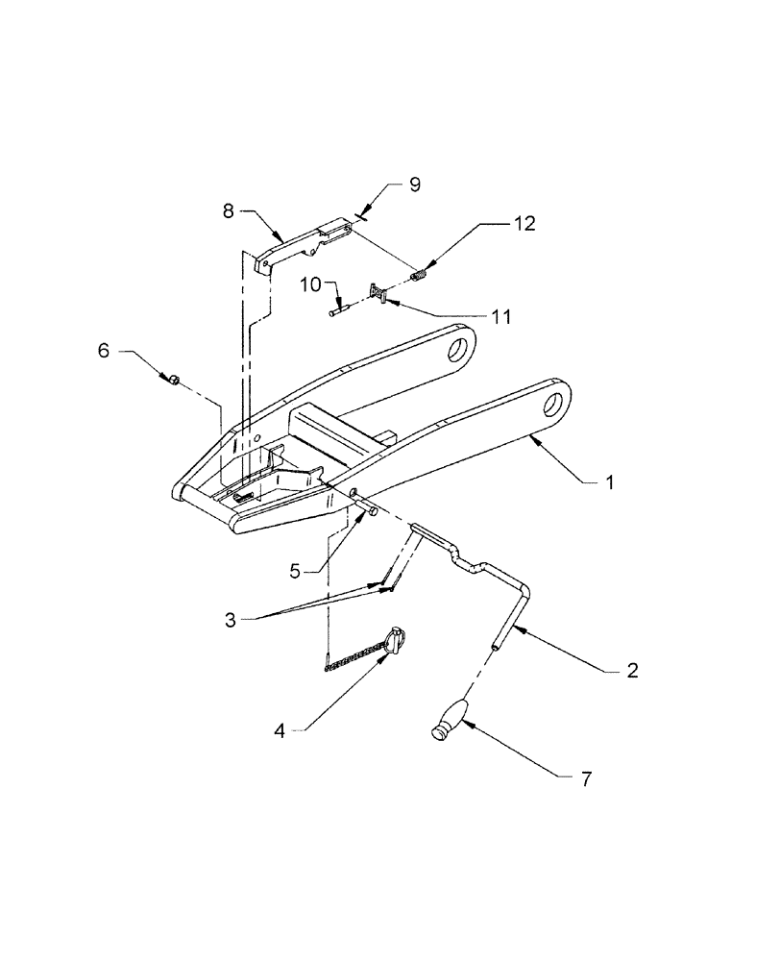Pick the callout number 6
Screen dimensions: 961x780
pyautogui.click(x=103, y=352)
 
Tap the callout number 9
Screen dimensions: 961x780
pyautogui.click(x=415, y=185)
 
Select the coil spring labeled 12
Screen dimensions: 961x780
pyautogui.click(x=419, y=277)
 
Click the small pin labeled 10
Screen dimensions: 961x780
pyautogui.click(x=338, y=309)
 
